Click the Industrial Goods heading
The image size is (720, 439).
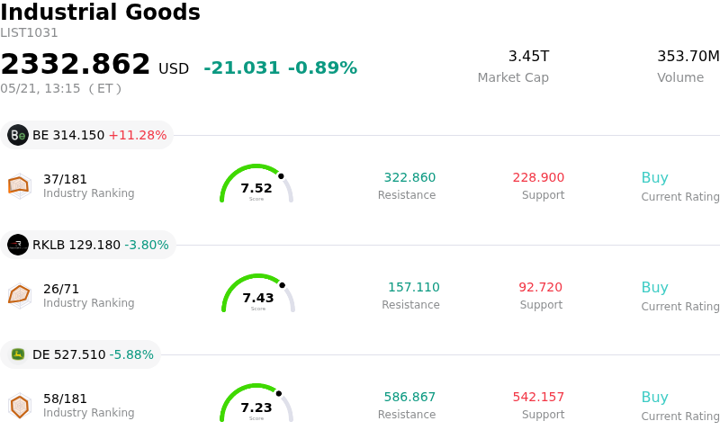pyautogui.click(x=100, y=12)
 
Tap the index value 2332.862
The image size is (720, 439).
pyautogui.click(x=76, y=64)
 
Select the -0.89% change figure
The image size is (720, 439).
pyautogui.click(x=322, y=68)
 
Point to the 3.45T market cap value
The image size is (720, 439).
pyautogui.click(x=528, y=56)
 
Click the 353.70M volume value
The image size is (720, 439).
pyautogui.click(x=688, y=56)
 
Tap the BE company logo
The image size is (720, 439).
pyautogui.click(x=18, y=135)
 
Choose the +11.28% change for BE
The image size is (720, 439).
pyautogui.click(x=138, y=135)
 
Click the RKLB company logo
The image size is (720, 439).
pyautogui.click(x=18, y=245)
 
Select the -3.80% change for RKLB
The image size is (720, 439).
pyautogui.click(x=147, y=245)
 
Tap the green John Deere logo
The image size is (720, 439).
pyautogui.click(x=18, y=354)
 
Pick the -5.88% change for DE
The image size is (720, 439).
pyautogui.click(x=131, y=354)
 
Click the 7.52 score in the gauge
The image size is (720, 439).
pyautogui.click(x=256, y=188)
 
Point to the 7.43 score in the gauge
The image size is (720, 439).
pyautogui.click(x=258, y=298)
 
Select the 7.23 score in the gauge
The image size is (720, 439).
pyautogui.click(x=256, y=408)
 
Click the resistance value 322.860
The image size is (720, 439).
pyautogui.click(x=409, y=177)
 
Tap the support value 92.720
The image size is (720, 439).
pyautogui.click(x=541, y=287)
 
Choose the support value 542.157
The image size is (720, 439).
pyautogui.click(x=538, y=397)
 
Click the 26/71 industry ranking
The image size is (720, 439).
pyautogui.click(x=61, y=289)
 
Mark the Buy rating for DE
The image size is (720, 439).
pyautogui.click(x=655, y=398)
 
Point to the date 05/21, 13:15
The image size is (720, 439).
pyautogui.click(x=40, y=88)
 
